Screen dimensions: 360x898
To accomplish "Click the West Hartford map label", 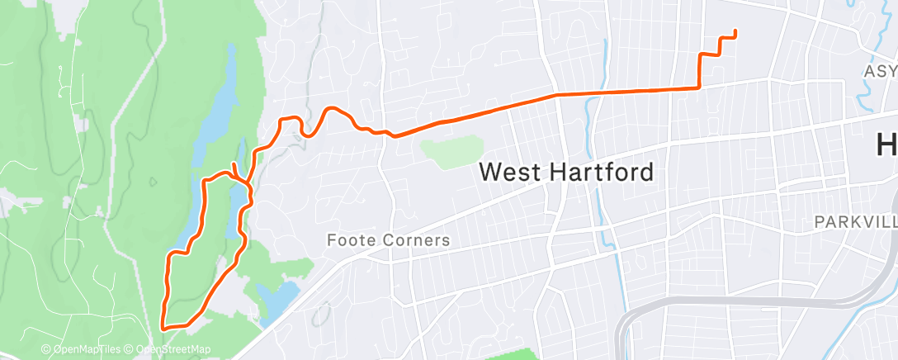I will (x=566, y=172).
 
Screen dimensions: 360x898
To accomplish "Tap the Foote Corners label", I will (x=389, y=240).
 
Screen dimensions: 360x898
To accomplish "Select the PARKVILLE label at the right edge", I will (x=854, y=222).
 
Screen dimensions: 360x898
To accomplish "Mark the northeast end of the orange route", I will (x=734, y=33).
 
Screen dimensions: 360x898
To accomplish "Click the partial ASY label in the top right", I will (x=880, y=72).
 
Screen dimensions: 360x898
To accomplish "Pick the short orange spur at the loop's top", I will (x=234, y=170).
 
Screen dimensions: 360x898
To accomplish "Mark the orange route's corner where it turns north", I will (x=700, y=86).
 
